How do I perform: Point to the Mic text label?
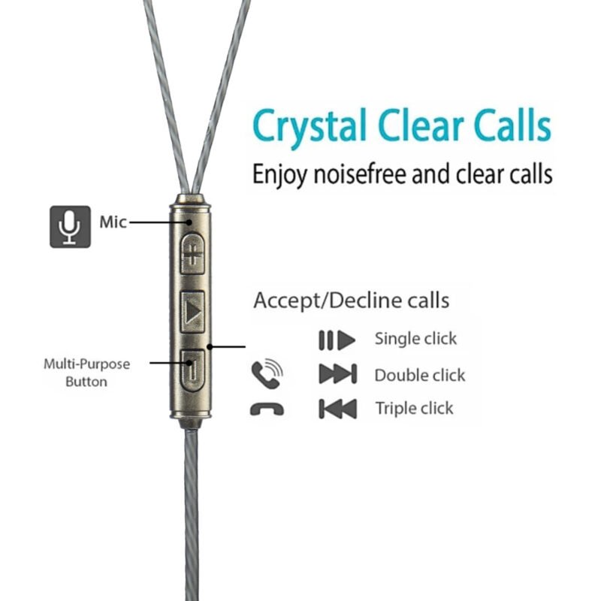[113, 222]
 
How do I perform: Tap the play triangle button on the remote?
[193, 310]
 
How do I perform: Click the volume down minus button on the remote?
[193, 368]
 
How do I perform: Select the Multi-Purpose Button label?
[86, 373]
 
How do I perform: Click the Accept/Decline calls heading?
[351, 300]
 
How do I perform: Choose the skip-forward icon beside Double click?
[337, 374]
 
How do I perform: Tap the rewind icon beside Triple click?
[337, 409]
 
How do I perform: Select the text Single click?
[415, 339]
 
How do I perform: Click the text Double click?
[419, 374]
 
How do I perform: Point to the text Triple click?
[415, 409]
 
